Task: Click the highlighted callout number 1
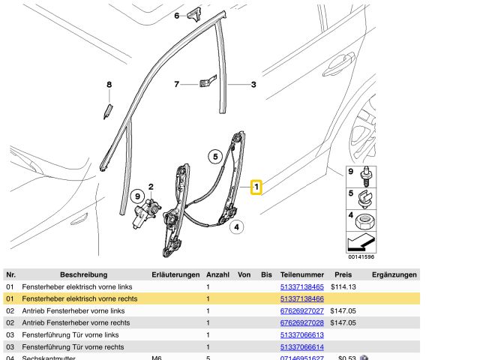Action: point(256,185)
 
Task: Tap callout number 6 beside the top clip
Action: point(177,15)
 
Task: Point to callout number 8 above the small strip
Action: point(109,85)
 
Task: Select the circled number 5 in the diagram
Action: point(215,157)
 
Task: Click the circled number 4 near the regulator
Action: point(235,226)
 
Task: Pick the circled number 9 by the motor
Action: point(136,196)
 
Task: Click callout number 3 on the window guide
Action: point(253,85)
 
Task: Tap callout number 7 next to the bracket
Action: point(177,84)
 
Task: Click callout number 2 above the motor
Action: point(150,187)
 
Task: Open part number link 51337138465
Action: point(301,286)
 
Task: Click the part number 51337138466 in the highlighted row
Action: point(301,298)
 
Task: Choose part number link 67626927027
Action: point(301,310)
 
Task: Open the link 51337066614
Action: point(301,346)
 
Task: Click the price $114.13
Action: point(343,286)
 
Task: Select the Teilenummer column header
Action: point(301,274)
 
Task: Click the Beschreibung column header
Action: point(84,274)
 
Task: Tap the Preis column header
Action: point(343,274)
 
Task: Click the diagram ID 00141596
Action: point(361,256)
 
